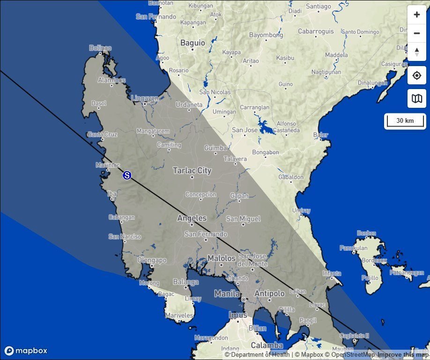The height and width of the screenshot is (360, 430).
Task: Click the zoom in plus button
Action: (x=417, y=15)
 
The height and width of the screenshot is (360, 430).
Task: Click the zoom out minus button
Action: (x=417, y=33)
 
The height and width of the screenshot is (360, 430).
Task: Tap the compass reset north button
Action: (x=417, y=52)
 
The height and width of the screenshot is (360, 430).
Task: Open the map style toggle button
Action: (x=417, y=98)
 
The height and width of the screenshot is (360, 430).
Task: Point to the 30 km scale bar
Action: (x=405, y=121)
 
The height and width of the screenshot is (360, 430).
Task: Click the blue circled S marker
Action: (x=126, y=175)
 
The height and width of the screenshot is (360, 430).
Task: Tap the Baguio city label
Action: (x=193, y=43)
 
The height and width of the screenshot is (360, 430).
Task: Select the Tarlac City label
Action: (x=192, y=171)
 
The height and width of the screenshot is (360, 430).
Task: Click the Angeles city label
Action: (x=192, y=218)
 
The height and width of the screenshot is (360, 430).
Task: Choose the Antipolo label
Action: (x=269, y=293)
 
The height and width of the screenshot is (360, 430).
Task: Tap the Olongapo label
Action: (x=151, y=260)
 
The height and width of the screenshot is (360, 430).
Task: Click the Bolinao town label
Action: (x=100, y=48)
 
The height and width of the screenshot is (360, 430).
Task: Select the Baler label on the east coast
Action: (x=320, y=135)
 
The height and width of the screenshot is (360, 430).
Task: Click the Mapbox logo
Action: (x=26, y=351)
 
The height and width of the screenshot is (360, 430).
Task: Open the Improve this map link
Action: (x=403, y=355)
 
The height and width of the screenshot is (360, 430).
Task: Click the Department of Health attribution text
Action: (x=258, y=355)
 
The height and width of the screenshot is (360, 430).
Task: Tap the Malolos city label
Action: (x=221, y=258)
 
